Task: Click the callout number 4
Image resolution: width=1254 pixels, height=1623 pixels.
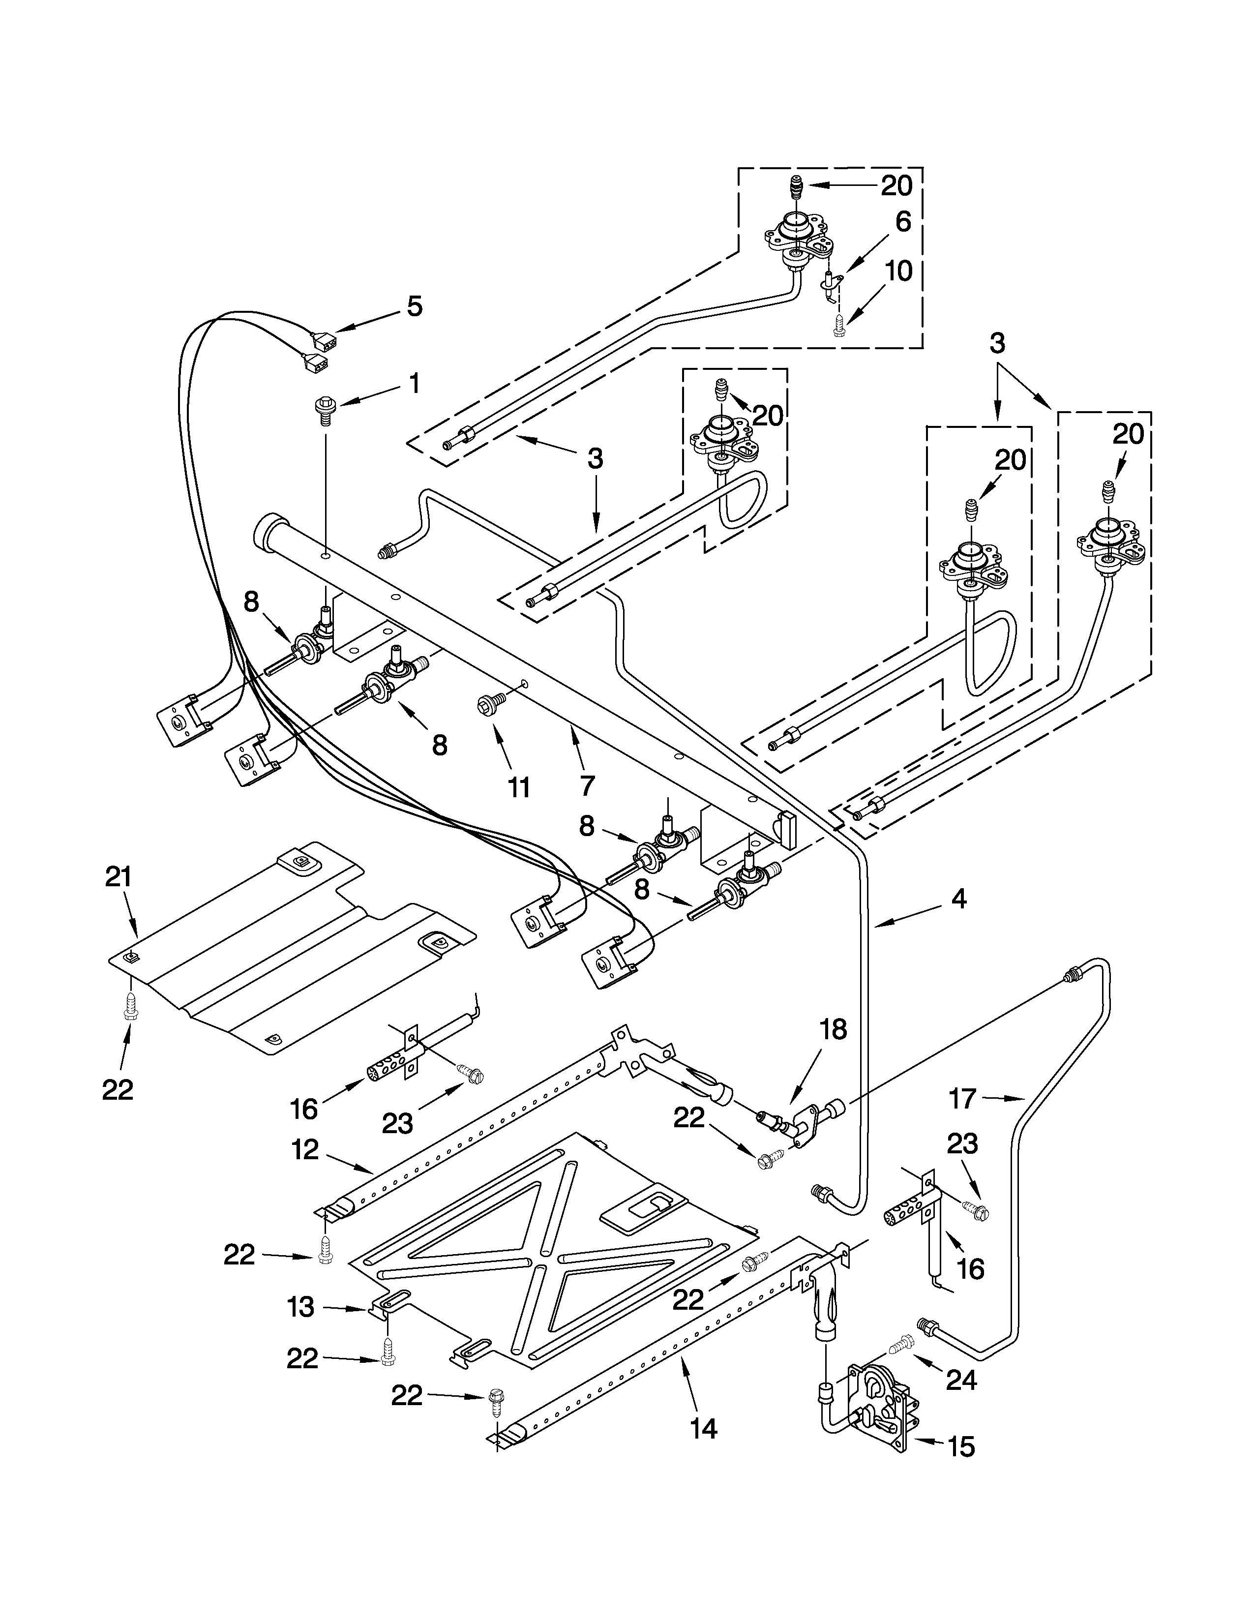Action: tap(958, 899)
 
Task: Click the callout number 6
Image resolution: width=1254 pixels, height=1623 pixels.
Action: tap(902, 221)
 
